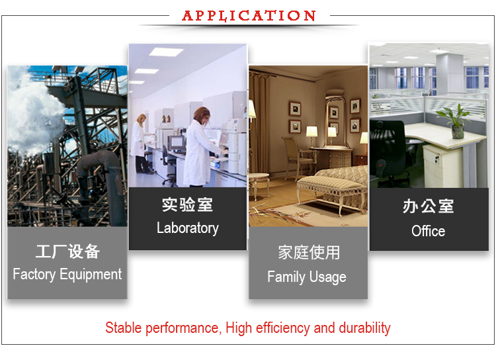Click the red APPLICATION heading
tap(249, 15)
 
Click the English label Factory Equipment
tap(67, 274)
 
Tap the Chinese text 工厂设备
tap(67, 251)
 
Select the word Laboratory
tap(187, 228)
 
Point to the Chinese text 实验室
tap(187, 204)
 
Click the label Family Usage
tap(307, 277)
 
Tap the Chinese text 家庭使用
tap(308, 252)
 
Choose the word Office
tap(428, 231)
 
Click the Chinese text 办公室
tap(428, 206)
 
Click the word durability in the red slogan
tap(364, 328)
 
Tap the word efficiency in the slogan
tap(282, 328)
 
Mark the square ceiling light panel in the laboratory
tap(165, 52)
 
